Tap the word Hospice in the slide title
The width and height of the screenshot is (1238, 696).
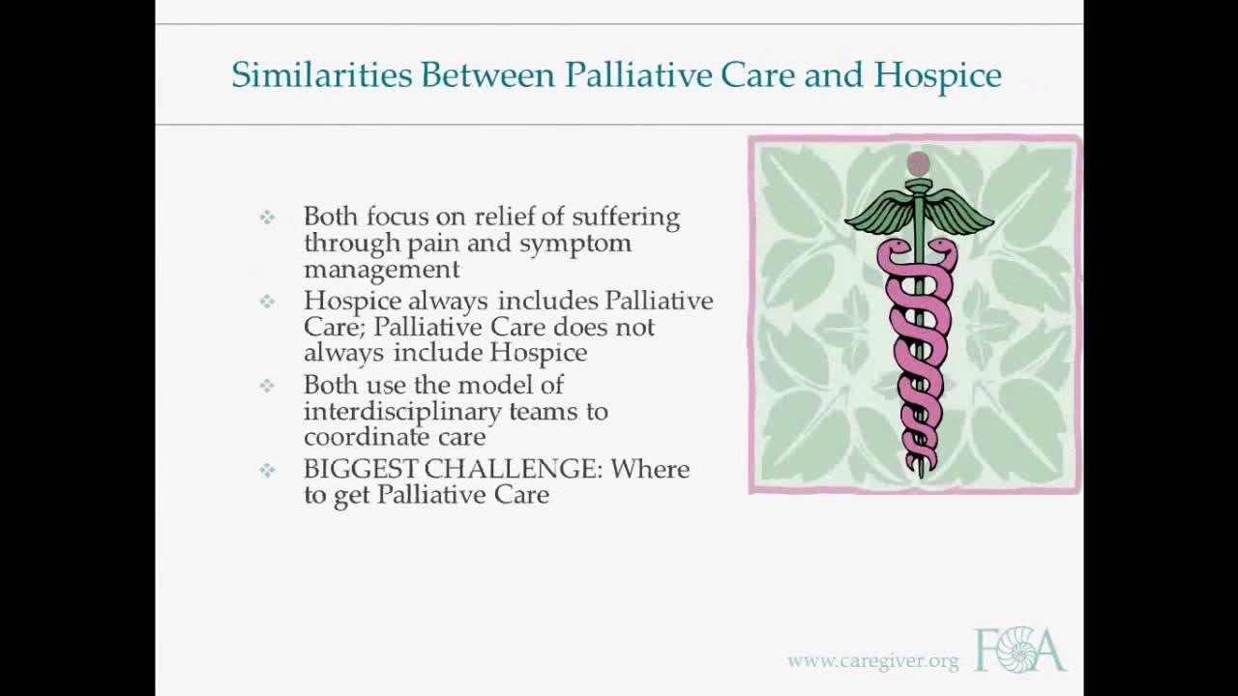pyautogui.click(x=937, y=75)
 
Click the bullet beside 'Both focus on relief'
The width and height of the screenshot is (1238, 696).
pyautogui.click(x=267, y=217)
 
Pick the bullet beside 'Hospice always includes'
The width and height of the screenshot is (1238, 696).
pyautogui.click(x=267, y=302)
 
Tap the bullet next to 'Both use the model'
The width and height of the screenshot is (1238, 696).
pyautogui.click(x=267, y=386)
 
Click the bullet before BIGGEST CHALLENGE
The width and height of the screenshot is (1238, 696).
pyautogui.click(x=267, y=470)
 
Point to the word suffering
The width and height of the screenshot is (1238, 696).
pyautogui.click(x=626, y=217)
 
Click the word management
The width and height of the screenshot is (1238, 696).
pyautogui.click(x=381, y=269)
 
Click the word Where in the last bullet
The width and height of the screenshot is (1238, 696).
pyautogui.click(x=650, y=469)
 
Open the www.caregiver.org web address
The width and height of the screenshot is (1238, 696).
pyautogui.click(x=872, y=661)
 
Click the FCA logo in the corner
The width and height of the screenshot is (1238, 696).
pyautogui.click(x=1019, y=650)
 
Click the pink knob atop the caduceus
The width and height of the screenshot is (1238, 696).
pyautogui.click(x=918, y=163)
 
